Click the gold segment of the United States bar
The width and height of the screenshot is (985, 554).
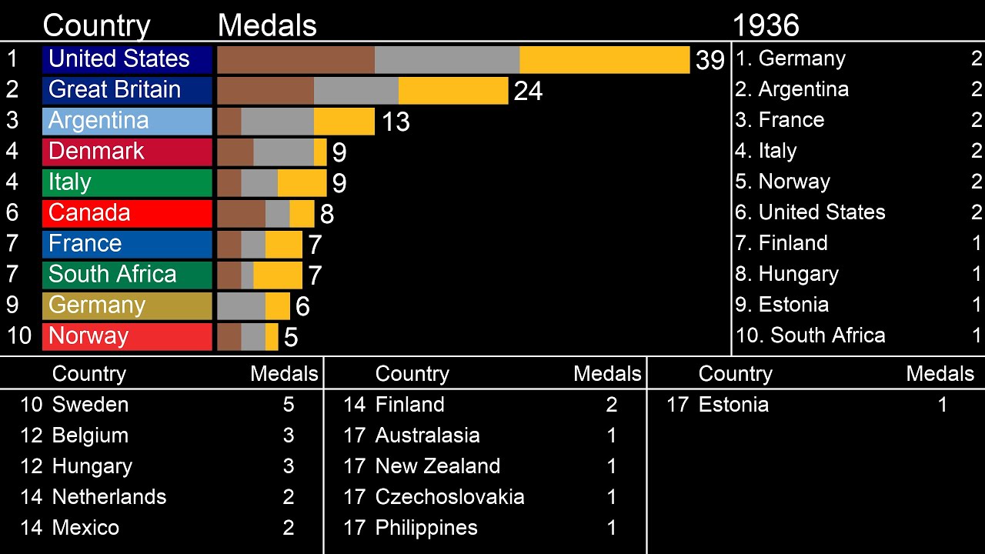(604, 60)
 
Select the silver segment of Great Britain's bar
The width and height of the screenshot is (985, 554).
(356, 91)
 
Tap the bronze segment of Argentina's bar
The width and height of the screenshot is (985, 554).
(229, 122)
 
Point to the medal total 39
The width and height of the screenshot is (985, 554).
(710, 61)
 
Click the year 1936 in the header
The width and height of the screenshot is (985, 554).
(765, 25)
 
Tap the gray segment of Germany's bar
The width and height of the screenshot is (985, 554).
(241, 306)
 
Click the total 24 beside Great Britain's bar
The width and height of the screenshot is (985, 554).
(528, 92)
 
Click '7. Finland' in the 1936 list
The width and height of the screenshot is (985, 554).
(782, 243)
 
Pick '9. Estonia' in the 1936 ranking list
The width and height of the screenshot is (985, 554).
(782, 305)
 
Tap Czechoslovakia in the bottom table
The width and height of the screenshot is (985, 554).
(449, 497)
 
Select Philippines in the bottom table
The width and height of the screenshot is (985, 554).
(426, 528)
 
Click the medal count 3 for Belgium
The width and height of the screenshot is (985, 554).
(289, 436)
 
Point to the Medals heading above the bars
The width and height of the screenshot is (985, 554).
(267, 25)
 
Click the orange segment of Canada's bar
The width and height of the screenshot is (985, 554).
(302, 214)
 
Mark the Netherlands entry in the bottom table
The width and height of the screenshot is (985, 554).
(109, 497)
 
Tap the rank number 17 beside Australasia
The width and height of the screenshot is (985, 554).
(354, 436)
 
